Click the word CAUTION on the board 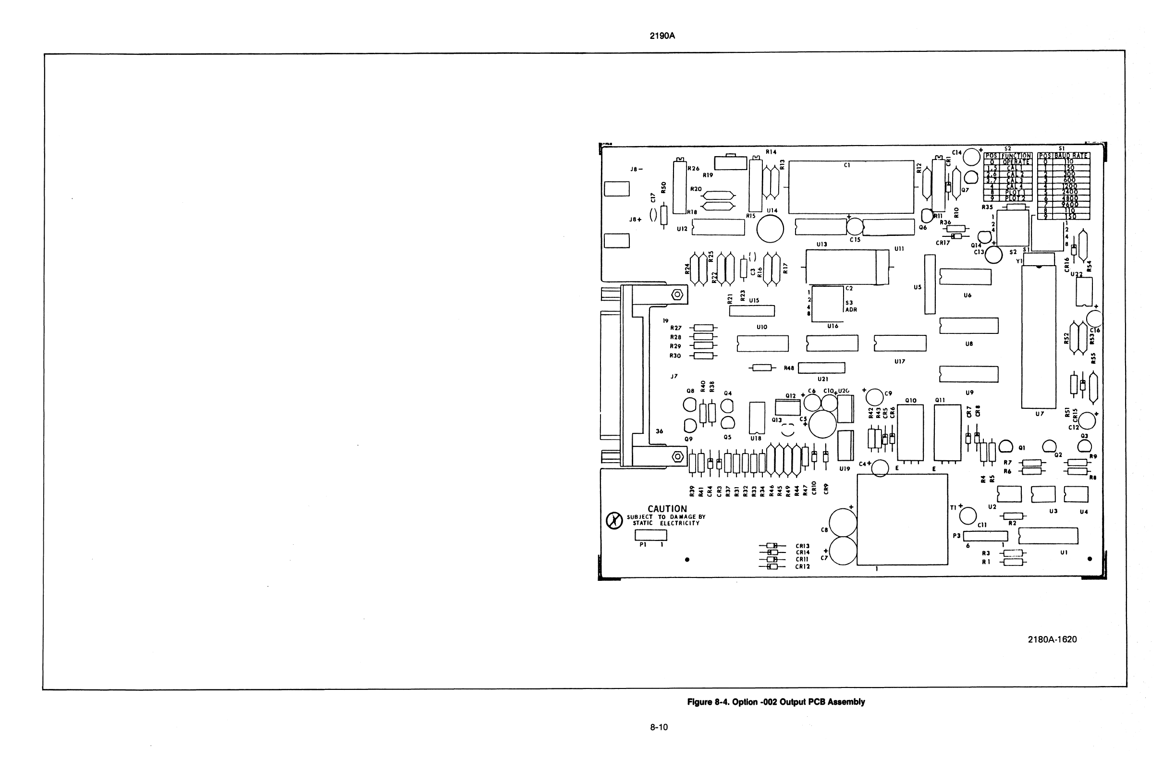coord(667,508)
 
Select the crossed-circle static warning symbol coord(614,521)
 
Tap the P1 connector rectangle coord(651,535)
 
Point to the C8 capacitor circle coord(843,522)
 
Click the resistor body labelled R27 coord(704,328)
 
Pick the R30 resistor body coord(704,356)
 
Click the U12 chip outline coord(719,227)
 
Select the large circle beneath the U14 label coord(771,229)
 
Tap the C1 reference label coord(847,165)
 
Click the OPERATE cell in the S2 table coord(1016,161)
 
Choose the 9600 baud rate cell coord(1070,204)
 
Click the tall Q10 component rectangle coord(910,432)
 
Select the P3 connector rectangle coord(985,536)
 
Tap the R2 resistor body coord(1014,516)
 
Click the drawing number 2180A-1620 coord(1052,639)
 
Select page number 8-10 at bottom coord(659,727)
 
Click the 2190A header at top coord(662,36)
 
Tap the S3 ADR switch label coord(850,307)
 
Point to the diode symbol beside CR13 coord(772,546)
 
